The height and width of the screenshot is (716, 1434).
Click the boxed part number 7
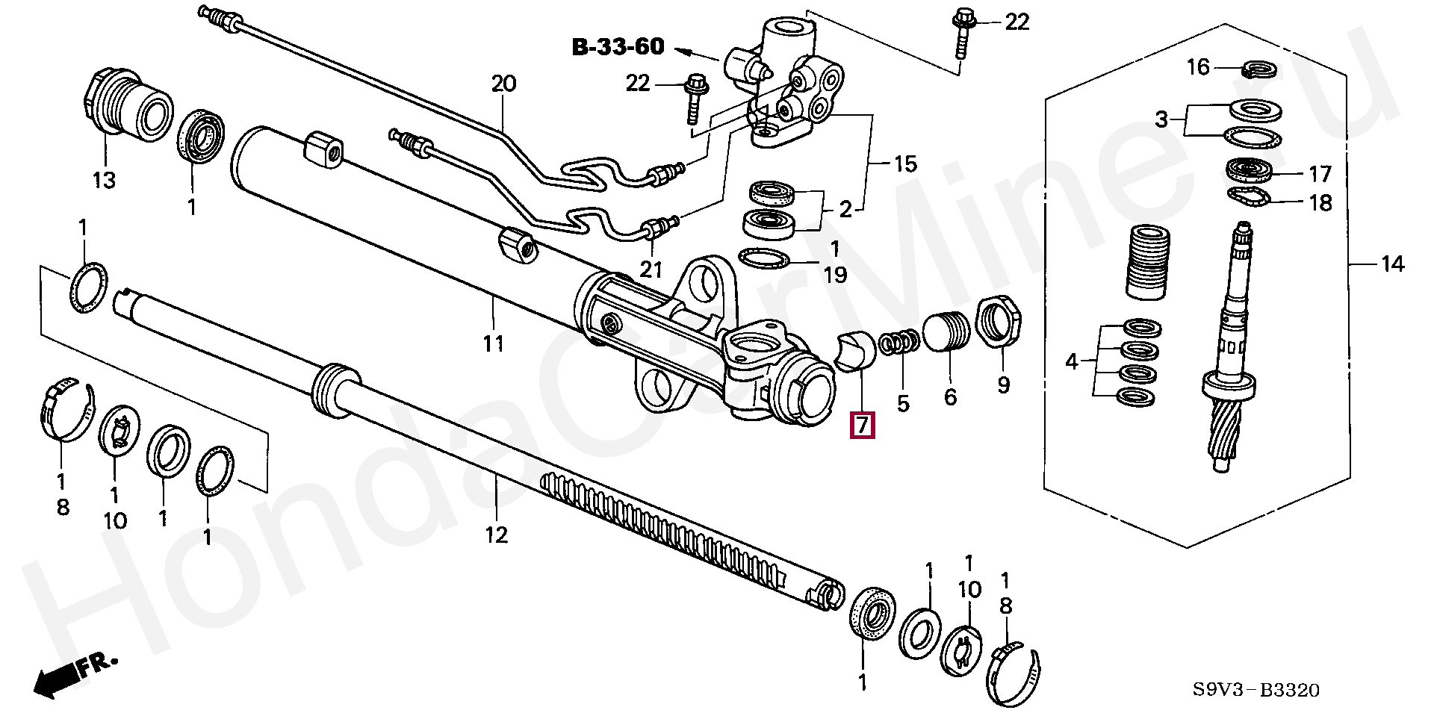[x=862, y=425]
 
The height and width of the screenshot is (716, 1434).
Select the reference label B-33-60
[x=618, y=47]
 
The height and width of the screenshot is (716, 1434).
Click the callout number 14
[x=1391, y=264]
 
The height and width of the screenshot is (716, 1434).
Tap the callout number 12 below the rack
[x=497, y=535]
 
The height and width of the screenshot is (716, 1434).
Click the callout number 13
[x=104, y=180]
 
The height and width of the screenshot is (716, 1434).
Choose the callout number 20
[x=503, y=83]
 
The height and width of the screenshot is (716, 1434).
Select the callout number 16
[x=1197, y=67]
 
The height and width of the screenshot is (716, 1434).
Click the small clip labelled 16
[x=1261, y=71]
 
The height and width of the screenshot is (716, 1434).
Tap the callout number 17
[x=1320, y=174]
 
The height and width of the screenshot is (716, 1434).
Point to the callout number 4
[x=1072, y=362]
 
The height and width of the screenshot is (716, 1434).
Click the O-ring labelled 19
[x=764, y=259]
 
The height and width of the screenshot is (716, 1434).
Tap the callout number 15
[x=905, y=164]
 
